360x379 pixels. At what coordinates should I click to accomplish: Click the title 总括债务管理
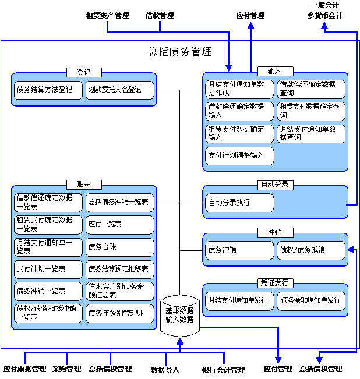[179, 51]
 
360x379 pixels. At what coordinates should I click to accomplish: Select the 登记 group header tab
[84, 72]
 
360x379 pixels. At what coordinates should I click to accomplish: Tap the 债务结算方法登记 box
[48, 90]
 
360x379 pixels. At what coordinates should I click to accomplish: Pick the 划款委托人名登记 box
[120, 90]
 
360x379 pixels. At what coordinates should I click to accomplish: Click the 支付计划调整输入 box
[239, 156]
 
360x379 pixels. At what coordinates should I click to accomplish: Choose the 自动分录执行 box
[239, 203]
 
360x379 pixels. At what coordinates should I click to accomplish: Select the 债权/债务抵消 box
[311, 250]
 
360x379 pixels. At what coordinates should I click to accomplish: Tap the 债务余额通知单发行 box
[311, 301]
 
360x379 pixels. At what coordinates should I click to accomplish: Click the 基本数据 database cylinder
[180, 316]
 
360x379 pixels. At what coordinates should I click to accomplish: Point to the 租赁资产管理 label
[107, 16]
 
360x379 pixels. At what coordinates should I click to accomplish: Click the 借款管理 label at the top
[160, 16]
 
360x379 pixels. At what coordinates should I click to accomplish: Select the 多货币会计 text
[325, 16]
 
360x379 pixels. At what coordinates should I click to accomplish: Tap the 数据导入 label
[165, 370]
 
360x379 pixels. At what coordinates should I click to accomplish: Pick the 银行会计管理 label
[224, 370]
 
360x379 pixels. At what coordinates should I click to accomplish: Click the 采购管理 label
[67, 369]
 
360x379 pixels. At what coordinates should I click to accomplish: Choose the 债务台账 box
[120, 247]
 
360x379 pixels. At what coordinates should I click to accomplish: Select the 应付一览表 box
[120, 225]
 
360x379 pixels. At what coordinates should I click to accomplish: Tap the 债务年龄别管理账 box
[120, 313]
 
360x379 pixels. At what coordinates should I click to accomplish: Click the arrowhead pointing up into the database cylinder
[180, 341]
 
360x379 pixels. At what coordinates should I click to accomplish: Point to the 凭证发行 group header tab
[276, 283]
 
